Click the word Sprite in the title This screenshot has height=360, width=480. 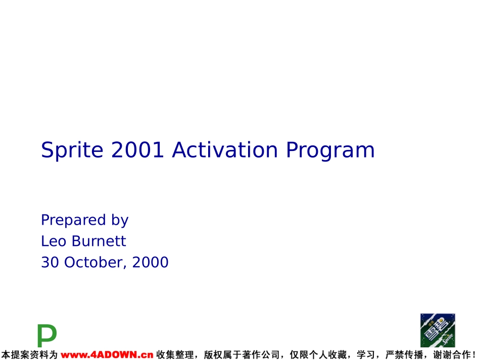coord(72,150)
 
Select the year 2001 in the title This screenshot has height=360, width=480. coord(137,149)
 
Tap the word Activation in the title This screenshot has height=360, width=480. coord(225,149)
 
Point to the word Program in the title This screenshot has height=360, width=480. coord(330,150)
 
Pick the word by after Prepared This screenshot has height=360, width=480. coord(120,221)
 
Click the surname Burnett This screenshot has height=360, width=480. coord(99,241)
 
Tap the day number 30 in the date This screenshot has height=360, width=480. coord(50,262)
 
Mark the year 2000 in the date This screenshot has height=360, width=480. coord(150,262)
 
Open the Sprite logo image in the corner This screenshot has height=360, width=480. coord(438,330)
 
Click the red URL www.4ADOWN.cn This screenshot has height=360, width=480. coord(107,355)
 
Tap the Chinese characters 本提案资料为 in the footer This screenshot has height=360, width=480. coord(29,355)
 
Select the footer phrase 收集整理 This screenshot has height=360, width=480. coord(175,355)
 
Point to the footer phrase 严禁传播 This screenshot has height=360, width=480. coord(404,355)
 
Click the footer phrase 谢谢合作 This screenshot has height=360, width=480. coord(452,355)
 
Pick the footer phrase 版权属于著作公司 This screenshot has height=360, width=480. coord(242,355)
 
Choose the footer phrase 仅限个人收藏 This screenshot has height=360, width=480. coord(318,355)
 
